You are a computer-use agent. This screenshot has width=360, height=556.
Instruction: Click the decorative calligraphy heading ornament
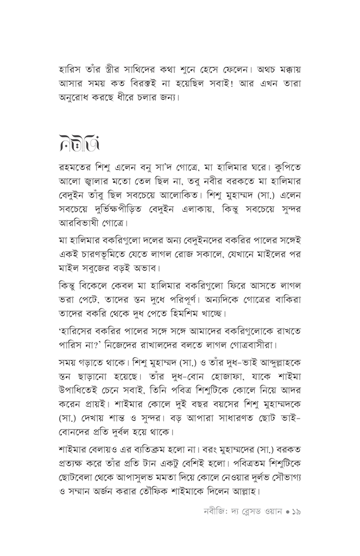[x=79, y=143]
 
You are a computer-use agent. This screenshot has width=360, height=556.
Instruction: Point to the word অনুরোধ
[x=78, y=99]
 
